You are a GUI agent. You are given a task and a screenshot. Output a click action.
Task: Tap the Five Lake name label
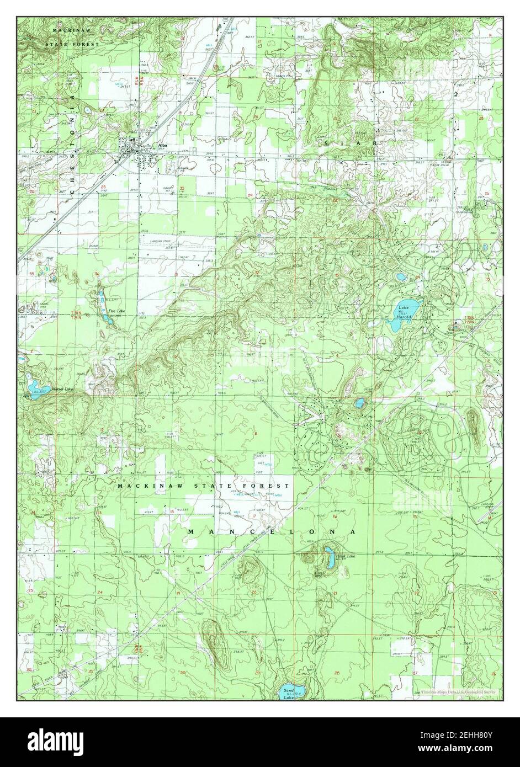[x=116, y=311]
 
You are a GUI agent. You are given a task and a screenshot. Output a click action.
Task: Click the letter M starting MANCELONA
[x=191, y=531]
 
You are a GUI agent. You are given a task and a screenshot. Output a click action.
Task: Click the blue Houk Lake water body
[x=329, y=552]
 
